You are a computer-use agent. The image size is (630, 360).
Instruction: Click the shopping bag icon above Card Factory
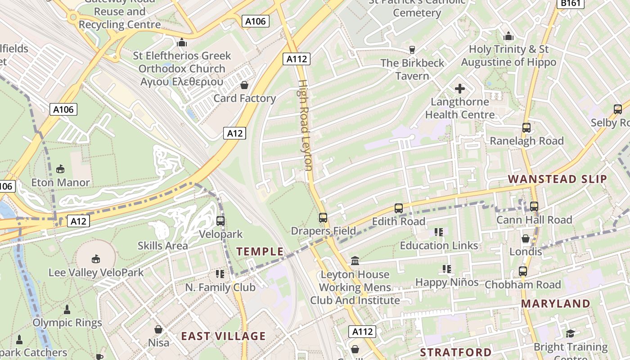(244, 85)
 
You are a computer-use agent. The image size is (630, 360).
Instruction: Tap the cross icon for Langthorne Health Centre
(459, 89)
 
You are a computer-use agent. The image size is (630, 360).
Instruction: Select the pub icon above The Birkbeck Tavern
(411, 49)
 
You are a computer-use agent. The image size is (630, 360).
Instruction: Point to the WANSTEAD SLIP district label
(558, 179)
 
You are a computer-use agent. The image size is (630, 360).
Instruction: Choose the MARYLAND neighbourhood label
(555, 304)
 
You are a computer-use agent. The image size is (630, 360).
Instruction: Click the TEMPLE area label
(260, 252)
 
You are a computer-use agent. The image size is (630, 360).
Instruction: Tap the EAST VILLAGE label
(223, 336)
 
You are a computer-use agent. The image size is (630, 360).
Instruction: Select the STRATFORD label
(455, 351)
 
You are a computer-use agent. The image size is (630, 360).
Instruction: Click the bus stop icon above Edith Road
(398, 208)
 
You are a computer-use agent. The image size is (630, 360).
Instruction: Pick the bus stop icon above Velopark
(220, 221)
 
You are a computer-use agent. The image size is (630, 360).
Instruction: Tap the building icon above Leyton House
(355, 261)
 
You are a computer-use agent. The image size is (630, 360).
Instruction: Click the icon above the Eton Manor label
(60, 169)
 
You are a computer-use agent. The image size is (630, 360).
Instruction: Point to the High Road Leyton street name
(305, 126)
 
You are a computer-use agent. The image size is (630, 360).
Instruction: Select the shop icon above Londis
(525, 238)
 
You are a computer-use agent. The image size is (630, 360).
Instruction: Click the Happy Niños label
(446, 282)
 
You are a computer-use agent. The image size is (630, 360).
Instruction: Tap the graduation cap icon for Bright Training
(570, 333)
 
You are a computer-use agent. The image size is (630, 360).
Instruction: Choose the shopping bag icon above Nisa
(158, 329)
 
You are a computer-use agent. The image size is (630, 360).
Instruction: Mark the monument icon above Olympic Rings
(67, 310)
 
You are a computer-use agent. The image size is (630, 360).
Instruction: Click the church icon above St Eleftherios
(182, 43)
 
